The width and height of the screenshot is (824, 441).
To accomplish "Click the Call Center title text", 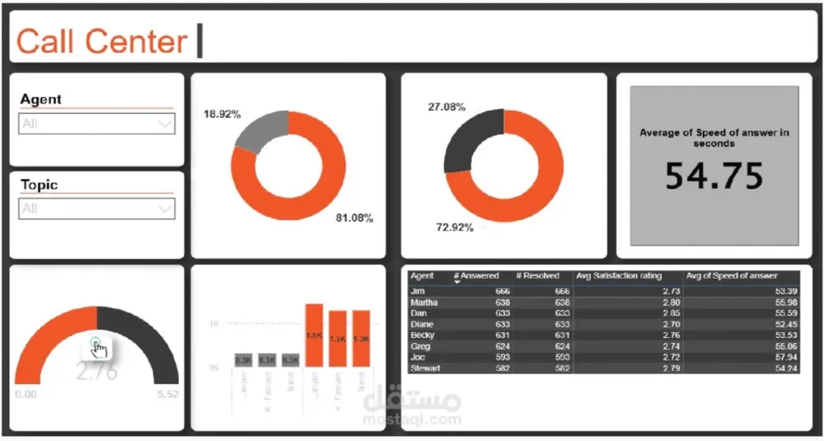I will pos(101,41).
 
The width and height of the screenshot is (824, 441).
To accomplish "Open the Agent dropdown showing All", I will pos(97,124).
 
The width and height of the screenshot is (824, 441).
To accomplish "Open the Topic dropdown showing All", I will pos(97,209).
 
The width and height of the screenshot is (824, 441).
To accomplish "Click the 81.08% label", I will pos(354,218).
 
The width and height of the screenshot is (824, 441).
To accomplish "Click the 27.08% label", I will pos(447,107).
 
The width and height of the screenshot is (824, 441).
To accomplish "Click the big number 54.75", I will pos(714,176).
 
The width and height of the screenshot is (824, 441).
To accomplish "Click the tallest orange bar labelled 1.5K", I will pos(314,335).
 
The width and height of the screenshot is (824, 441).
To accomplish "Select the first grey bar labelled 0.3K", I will pos(243,360).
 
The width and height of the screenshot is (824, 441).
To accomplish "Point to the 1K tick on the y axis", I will pos(213,324).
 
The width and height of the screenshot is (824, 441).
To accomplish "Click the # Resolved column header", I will pos(537,276).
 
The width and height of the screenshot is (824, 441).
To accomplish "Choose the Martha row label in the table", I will pos(424,303).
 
